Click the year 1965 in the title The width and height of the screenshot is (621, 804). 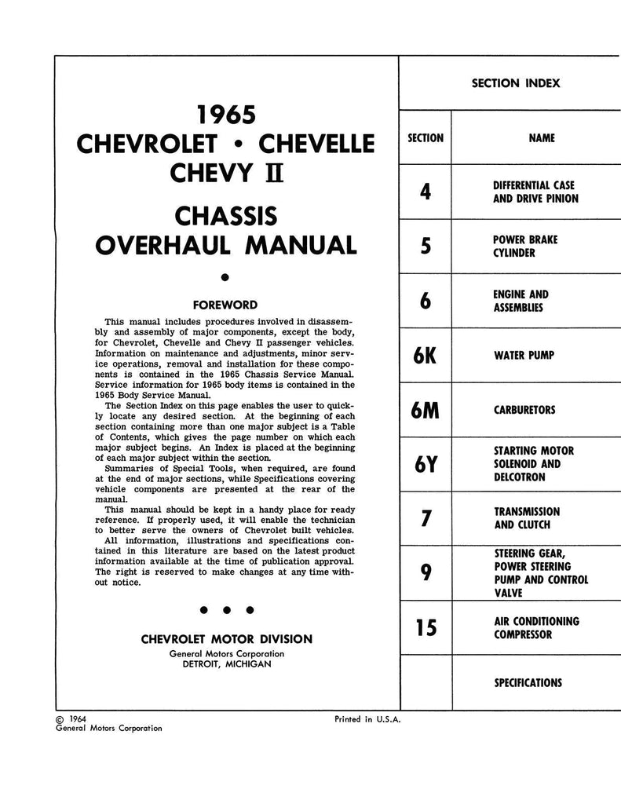(x=226, y=115)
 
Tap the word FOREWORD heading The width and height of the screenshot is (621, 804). (x=225, y=304)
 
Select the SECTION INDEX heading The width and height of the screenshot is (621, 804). (x=516, y=83)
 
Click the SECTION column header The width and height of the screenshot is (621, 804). (x=426, y=138)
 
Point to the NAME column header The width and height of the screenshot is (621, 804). (x=542, y=138)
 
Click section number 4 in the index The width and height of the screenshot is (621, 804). (x=426, y=192)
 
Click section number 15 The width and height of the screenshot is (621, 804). (x=426, y=628)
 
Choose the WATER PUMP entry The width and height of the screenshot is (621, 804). (x=524, y=356)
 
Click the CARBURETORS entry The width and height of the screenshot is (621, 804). (x=524, y=410)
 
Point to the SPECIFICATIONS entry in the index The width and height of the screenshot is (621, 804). (x=528, y=683)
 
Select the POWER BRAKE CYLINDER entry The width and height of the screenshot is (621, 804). (x=524, y=247)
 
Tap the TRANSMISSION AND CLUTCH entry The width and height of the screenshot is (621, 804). (x=526, y=518)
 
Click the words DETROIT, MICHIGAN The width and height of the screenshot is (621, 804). (x=227, y=664)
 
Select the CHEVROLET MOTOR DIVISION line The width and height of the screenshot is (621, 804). (x=226, y=639)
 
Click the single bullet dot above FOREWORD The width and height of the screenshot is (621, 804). (x=225, y=276)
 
